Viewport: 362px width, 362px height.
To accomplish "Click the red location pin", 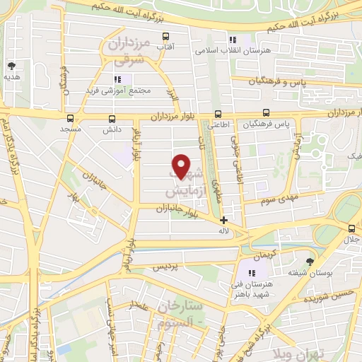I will (x=182, y=166).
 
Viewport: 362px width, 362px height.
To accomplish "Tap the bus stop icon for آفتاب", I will (x=165, y=37).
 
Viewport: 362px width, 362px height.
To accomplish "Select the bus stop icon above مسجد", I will (x=69, y=119).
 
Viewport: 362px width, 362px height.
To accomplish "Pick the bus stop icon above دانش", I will (x=112, y=119).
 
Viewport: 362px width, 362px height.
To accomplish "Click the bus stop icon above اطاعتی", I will (x=218, y=113).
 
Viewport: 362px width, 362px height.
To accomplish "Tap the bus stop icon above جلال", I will (x=351, y=228).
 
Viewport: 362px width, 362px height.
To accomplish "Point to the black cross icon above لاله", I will (x=223, y=220).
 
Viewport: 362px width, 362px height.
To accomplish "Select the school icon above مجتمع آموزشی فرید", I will (x=117, y=79).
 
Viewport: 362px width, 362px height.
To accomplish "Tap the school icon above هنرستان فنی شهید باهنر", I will (x=250, y=272).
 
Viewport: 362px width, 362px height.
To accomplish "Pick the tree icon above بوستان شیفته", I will (x=308, y=260).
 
